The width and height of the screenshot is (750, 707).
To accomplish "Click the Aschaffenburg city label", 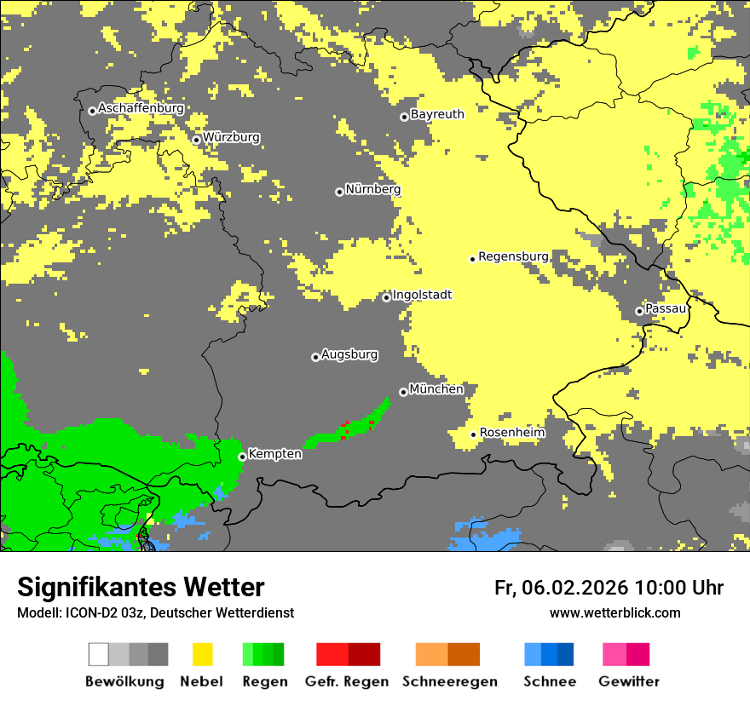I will (141, 109).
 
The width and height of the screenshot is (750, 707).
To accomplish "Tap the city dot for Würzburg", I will (196, 140).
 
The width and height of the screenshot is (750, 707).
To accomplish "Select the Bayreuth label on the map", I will (437, 114).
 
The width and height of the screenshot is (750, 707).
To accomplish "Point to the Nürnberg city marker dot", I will (339, 192).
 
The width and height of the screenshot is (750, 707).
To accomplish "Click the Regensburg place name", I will (513, 256).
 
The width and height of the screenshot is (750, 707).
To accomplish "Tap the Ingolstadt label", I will (422, 296).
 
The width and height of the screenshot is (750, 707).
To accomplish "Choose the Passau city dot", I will (639, 311).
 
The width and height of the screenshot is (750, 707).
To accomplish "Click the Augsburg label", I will (349, 355).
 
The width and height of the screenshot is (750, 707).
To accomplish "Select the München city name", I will (436, 389).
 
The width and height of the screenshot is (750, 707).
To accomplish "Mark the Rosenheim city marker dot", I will (473, 434).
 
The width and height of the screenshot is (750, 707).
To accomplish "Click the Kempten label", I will (274, 454).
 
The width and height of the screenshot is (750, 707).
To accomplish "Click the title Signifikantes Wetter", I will (141, 587).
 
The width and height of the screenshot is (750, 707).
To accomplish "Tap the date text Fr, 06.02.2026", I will (561, 588).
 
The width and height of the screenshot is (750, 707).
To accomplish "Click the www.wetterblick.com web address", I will (614, 612).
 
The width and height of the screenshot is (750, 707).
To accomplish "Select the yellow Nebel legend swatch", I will (202, 654).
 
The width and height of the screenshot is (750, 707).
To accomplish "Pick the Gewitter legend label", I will (628, 681).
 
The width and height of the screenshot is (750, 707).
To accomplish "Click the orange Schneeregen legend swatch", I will (431, 654).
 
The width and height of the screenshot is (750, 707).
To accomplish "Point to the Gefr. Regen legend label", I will (347, 681).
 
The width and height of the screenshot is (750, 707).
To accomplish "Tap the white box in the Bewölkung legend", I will (99, 654).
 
